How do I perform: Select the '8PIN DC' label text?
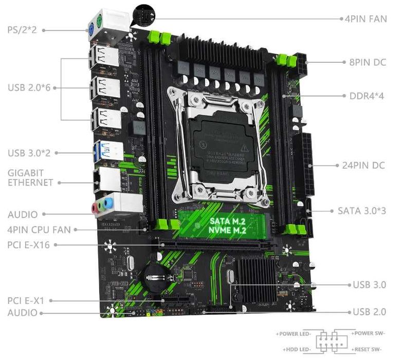(367, 62)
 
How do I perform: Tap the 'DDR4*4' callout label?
(367, 96)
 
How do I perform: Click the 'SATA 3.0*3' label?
(361, 210)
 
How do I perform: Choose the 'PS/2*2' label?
(22, 29)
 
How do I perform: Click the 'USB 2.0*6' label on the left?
(29, 87)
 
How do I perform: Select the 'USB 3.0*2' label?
(29, 153)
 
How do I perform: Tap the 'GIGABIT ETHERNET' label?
(30, 177)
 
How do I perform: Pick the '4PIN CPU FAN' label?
(39, 230)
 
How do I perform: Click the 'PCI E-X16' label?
(29, 245)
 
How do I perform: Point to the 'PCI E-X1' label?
(27, 300)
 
